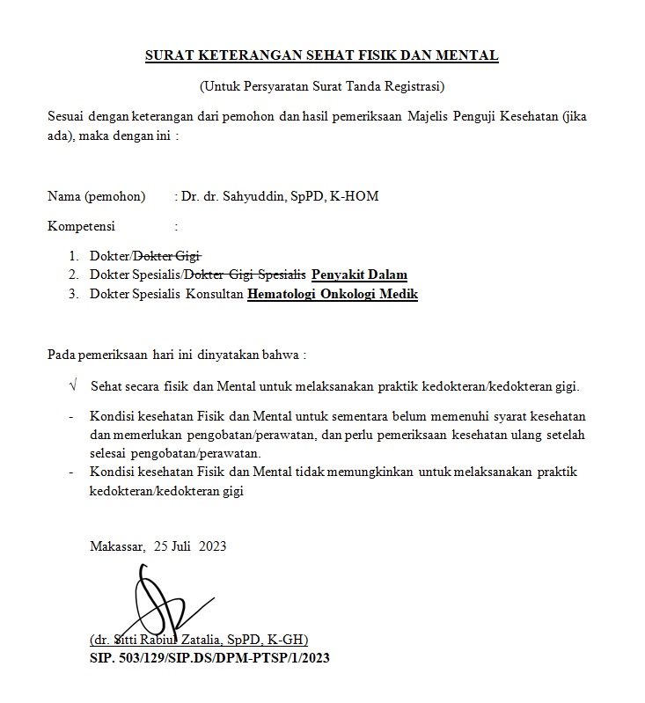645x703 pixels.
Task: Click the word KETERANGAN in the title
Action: pyautogui.click(x=240, y=56)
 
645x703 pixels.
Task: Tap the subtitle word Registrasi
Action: pyautogui.click(x=415, y=86)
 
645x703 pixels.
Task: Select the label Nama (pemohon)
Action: pyautogui.click(x=96, y=196)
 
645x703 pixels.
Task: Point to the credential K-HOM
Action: pyautogui.click(x=354, y=196)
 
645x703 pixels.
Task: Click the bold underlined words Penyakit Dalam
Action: pyautogui.click(x=359, y=275)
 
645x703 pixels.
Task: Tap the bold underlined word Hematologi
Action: pyautogui.click(x=283, y=294)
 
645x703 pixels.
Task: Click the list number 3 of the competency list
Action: pyautogui.click(x=73, y=294)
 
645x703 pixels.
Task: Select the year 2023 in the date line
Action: pyautogui.click(x=213, y=546)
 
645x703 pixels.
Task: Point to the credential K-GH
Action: pyautogui.click(x=285, y=640)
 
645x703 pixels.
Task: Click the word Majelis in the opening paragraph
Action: pyautogui.click(x=426, y=116)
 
